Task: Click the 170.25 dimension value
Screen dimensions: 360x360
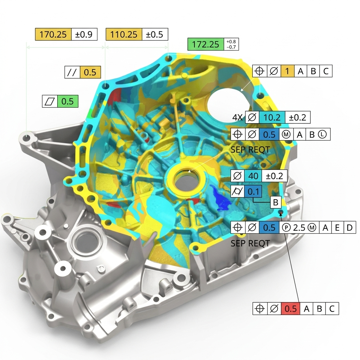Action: tap(53, 34)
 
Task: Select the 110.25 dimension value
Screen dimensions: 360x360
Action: tap(124, 34)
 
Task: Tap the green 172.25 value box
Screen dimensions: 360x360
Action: tap(205, 44)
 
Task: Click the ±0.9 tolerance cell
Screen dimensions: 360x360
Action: tap(84, 34)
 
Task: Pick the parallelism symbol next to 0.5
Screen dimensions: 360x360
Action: tap(72, 72)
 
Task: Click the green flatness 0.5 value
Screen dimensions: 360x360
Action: tap(67, 101)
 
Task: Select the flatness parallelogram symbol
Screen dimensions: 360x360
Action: tap(50, 101)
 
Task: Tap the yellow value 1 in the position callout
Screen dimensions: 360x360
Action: tap(287, 71)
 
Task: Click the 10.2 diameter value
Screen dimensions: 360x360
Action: tap(272, 117)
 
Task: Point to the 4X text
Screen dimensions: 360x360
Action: tap(237, 117)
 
